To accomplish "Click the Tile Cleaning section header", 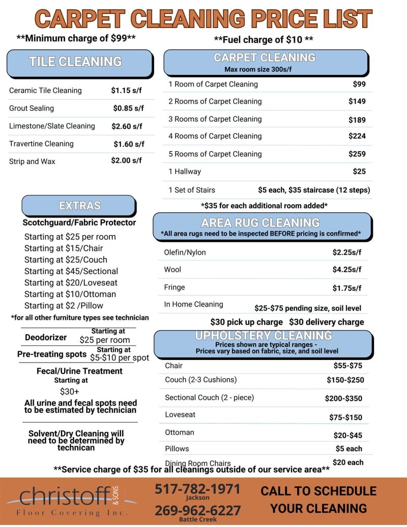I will (x=75, y=62).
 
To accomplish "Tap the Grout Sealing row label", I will (x=32, y=108).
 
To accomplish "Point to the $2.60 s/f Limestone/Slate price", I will (x=127, y=126).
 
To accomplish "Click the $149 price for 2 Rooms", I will (x=357, y=101).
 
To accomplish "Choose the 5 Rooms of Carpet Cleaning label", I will (x=215, y=154).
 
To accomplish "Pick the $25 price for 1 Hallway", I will (x=359, y=172).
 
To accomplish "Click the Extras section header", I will (x=79, y=206).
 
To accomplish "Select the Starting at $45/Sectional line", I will (x=71, y=271).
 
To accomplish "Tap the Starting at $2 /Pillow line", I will (x=64, y=306).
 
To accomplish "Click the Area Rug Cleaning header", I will (x=260, y=223).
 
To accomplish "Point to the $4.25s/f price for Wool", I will (x=346, y=270).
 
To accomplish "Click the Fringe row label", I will (x=175, y=287).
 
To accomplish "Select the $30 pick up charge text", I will (x=246, y=322).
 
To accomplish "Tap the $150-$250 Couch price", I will (x=345, y=380).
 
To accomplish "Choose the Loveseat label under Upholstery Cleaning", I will (x=180, y=414).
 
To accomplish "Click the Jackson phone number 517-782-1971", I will (x=197, y=489).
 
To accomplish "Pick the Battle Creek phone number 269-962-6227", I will (x=197, y=510).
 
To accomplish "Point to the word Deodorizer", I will (x=46, y=337).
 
